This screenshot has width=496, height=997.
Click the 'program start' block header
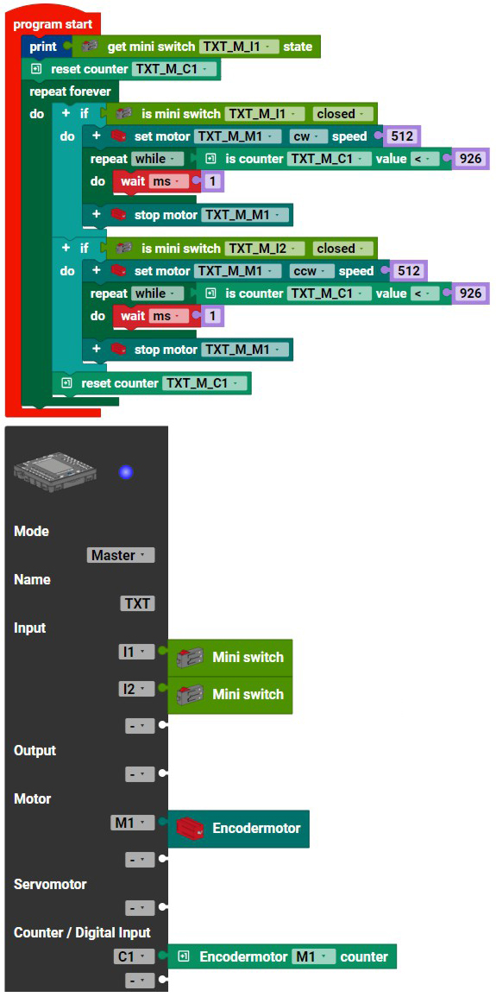click(53, 25)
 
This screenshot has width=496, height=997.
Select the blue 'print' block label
click(43, 47)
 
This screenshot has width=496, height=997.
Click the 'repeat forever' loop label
click(70, 91)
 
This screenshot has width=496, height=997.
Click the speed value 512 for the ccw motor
click(408, 272)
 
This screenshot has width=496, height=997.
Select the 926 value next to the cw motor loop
click(471, 159)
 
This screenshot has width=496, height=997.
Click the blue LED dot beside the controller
click(127, 472)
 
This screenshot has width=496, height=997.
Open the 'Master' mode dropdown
click(121, 555)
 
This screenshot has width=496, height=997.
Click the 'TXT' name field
click(138, 603)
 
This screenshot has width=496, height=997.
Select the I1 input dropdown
click(136, 652)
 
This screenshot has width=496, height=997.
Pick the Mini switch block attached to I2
click(230, 694)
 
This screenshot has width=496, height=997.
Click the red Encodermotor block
click(239, 829)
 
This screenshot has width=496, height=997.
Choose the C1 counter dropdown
click(134, 956)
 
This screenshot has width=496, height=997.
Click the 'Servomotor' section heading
click(50, 885)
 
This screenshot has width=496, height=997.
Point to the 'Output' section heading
click(35, 750)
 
